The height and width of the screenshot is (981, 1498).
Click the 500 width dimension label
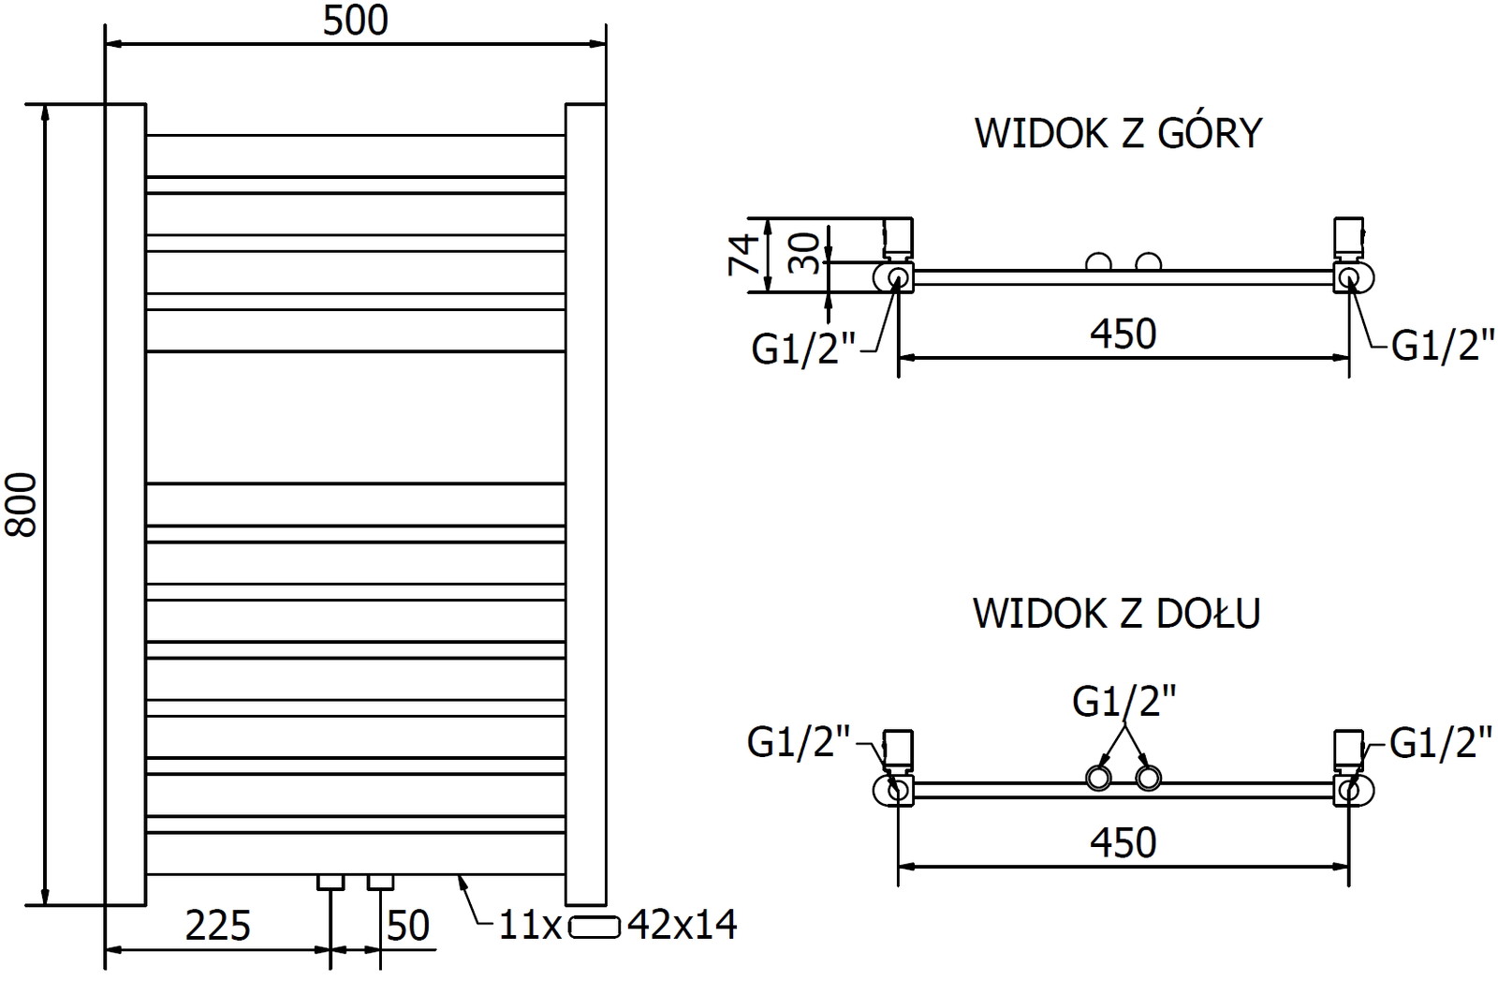pyautogui.click(x=355, y=21)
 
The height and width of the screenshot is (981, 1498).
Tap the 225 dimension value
pyautogui.click(x=218, y=926)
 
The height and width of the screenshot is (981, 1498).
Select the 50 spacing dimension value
pyautogui.click(x=407, y=926)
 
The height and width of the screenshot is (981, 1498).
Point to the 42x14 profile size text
pyautogui.click(x=683, y=926)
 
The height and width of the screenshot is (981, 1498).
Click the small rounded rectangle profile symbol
pyautogui.click(x=595, y=926)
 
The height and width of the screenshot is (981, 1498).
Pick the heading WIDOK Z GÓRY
pyautogui.click(x=1119, y=133)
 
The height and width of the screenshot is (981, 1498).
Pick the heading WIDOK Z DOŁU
pyautogui.click(x=1117, y=613)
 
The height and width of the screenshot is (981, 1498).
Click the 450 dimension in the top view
pyautogui.click(x=1123, y=334)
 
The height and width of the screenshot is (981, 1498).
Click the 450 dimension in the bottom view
pyautogui.click(x=1123, y=842)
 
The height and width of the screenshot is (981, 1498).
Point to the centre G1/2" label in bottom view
pyautogui.click(x=1123, y=701)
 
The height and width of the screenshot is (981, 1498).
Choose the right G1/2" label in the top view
pyautogui.click(x=1443, y=346)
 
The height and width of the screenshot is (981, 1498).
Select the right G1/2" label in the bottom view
pyautogui.click(x=1441, y=743)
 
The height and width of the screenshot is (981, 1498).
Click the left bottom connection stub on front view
pyautogui.click(x=331, y=882)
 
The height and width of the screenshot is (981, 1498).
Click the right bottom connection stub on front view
pyautogui.click(x=380, y=882)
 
